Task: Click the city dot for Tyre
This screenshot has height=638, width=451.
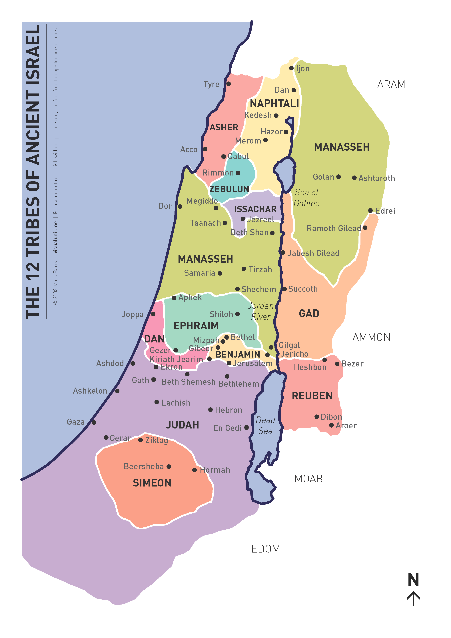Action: click(228, 84)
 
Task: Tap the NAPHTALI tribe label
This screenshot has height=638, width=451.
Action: click(274, 103)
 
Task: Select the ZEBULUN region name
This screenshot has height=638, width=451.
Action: click(229, 189)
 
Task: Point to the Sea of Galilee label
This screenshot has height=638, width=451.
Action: click(307, 198)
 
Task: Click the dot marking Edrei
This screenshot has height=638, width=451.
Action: click(370, 211)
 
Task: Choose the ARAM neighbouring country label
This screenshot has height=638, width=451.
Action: click(391, 84)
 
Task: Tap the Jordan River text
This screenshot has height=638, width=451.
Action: click(261, 311)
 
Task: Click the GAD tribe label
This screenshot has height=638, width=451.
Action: click(309, 313)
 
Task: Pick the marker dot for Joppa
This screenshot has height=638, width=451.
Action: click(153, 314)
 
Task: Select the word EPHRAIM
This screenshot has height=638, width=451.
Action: click(196, 326)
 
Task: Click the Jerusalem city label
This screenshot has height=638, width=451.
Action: click(253, 363)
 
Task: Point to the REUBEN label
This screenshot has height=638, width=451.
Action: click(312, 396)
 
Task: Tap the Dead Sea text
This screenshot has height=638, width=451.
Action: click(265, 425)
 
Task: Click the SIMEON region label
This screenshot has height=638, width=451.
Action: click(152, 483)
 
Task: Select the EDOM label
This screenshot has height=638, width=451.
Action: click(265, 549)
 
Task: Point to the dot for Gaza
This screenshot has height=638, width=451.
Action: click(94, 422)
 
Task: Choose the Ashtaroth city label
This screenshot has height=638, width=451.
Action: click(377, 178)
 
